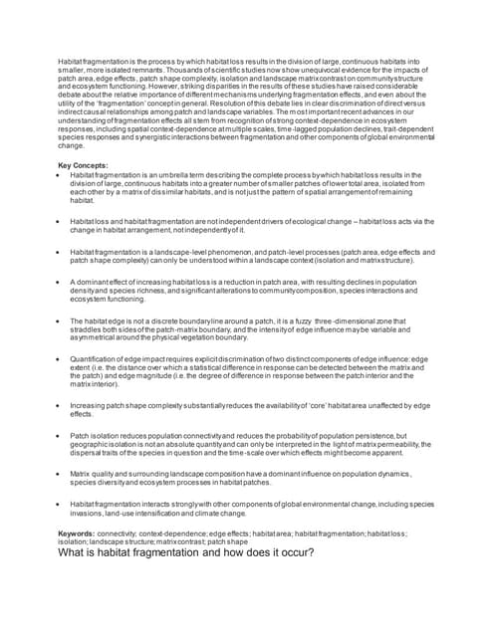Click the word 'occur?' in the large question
tap(287, 553)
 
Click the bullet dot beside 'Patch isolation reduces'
tap(60, 436)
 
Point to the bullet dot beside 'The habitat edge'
tap(60, 321)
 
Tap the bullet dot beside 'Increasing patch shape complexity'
tap(60, 407)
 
